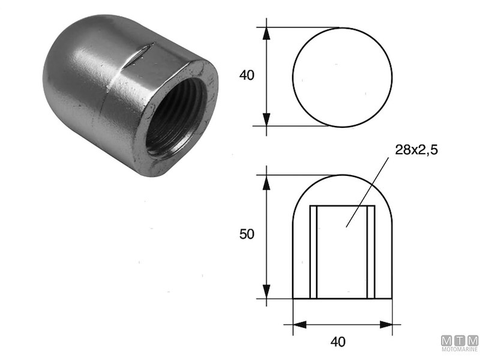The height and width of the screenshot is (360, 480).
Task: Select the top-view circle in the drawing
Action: tap(342, 77)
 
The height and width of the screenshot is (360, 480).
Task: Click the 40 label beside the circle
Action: tap(247, 76)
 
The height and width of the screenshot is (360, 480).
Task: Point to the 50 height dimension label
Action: tap(247, 235)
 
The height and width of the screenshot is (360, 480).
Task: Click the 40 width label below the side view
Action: tap(338, 342)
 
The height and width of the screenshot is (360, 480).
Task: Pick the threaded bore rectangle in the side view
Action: tap(342, 252)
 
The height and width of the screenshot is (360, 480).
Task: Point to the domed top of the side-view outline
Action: tap(342, 176)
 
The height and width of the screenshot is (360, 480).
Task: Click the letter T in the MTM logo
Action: tap(460, 340)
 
